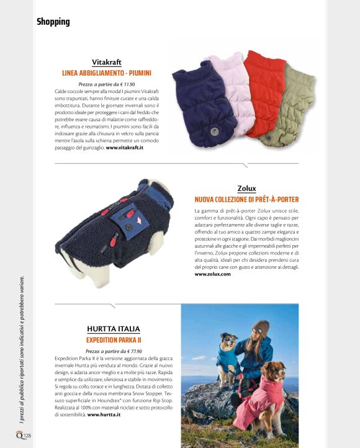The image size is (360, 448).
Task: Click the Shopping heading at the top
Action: point(53,22)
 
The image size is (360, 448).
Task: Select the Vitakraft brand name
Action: point(106,63)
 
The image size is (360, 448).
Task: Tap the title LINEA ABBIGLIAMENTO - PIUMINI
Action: point(106,73)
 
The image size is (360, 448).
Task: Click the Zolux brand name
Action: point(246,189)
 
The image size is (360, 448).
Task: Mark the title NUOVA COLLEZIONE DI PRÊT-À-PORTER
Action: point(246,200)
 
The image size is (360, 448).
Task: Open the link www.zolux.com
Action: point(212,274)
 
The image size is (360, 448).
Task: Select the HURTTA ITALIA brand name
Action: point(114,329)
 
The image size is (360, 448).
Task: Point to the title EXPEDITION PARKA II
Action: point(114,340)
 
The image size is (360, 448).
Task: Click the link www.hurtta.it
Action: point(104,414)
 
